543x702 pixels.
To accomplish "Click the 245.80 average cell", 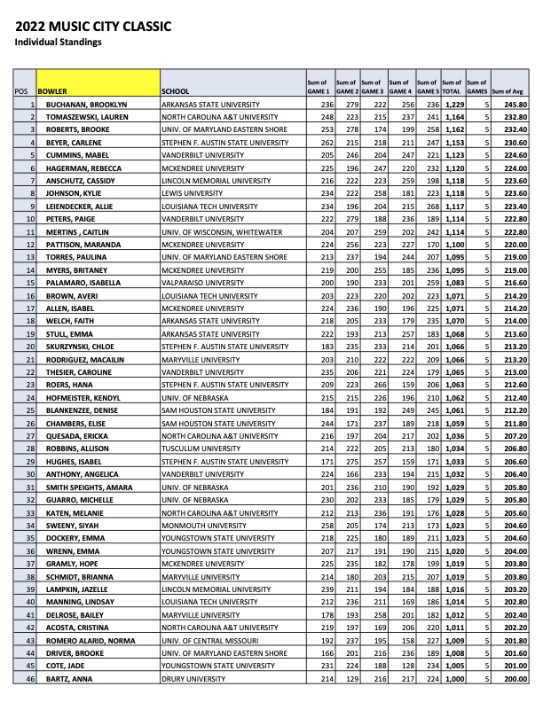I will [x=516, y=105].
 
